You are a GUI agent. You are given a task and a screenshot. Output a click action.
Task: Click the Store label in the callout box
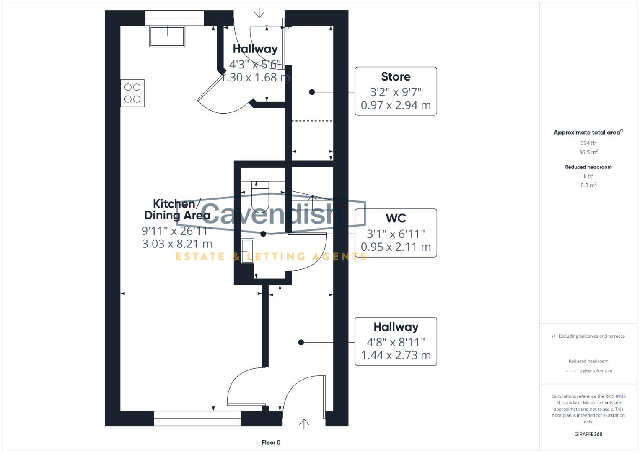click(x=396, y=77)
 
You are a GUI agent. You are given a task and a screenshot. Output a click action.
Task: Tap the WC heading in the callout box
click(x=396, y=219)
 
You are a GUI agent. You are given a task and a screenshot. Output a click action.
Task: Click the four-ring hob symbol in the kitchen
click(x=132, y=93)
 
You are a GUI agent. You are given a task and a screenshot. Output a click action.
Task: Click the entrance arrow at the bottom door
click(x=304, y=424)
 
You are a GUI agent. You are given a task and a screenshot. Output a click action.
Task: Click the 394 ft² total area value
click(x=588, y=143)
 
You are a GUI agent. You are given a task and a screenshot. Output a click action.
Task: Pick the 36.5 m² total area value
click(x=588, y=152)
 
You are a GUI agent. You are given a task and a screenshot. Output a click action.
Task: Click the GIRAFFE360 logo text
click(x=588, y=434)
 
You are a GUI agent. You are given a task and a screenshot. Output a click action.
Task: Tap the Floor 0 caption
click(x=271, y=443)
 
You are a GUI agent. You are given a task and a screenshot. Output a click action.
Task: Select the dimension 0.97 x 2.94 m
click(x=396, y=105)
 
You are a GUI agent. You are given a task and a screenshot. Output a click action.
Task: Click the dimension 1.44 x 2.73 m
click(x=396, y=355)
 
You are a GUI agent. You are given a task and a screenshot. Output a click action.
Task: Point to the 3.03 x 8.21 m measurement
click(x=177, y=244)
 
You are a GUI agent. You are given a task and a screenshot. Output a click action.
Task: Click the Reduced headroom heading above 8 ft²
click(x=588, y=167)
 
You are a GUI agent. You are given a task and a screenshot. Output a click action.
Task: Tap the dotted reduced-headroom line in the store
click(x=311, y=121)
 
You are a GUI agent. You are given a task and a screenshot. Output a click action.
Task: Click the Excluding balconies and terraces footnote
click(x=588, y=336)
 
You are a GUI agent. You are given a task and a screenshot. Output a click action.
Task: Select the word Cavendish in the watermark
click(x=271, y=213)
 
